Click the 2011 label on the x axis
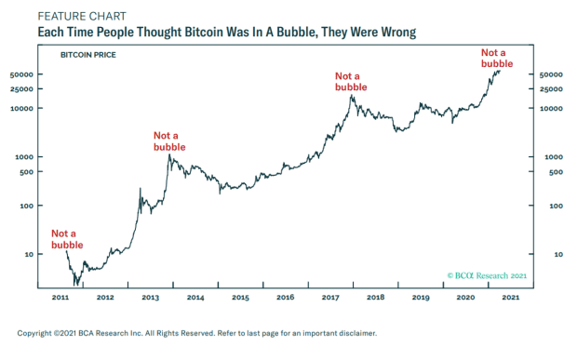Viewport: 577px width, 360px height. point(60,298)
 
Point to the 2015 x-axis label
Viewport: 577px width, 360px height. point(240,298)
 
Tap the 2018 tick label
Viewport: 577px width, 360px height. point(375,298)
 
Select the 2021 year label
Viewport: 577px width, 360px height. point(511,298)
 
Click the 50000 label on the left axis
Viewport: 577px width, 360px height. point(21,74)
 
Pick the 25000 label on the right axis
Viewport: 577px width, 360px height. point(551,89)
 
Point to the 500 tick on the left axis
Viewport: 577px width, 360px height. point(26,172)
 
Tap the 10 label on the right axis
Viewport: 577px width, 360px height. point(558,255)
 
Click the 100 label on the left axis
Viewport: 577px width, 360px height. point(26,206)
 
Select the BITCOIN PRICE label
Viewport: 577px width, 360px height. point(88,55)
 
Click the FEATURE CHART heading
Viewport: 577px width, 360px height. point(82,16)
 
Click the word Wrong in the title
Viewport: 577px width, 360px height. point(398,32)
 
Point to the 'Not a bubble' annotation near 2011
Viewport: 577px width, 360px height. point(67,239)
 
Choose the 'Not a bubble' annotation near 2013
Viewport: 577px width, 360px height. point(169,141)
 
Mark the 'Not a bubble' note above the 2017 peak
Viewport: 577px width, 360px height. point(351,82)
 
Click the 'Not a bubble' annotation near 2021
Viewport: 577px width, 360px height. point(497,58)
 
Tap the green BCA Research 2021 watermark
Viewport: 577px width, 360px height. point(487,275)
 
